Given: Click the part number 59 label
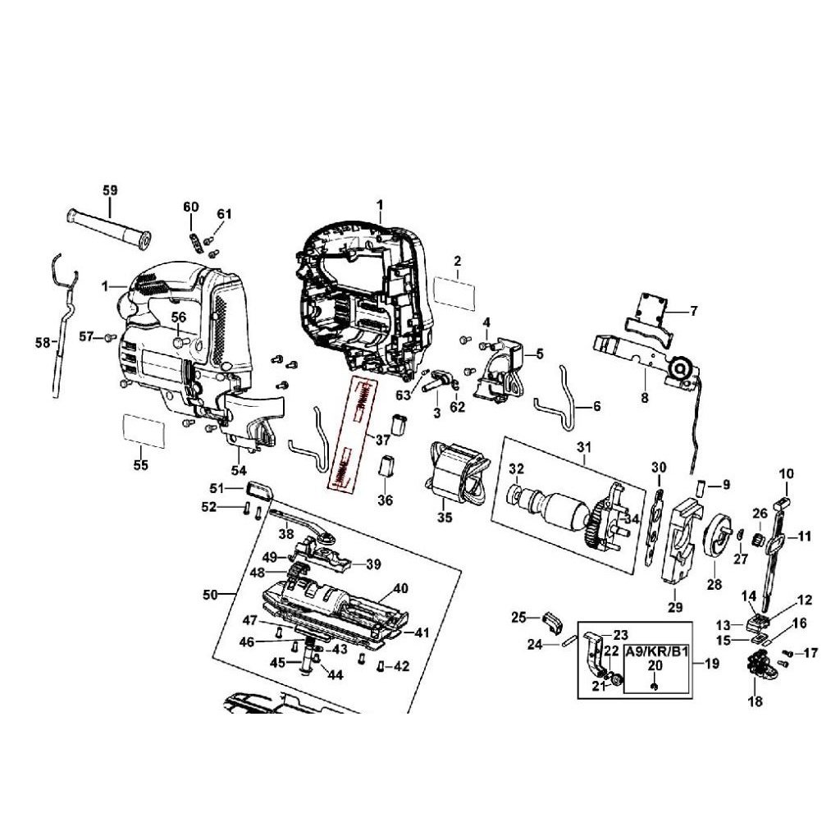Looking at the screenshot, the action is pos(110,190).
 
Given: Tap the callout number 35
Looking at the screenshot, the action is pos(445,517).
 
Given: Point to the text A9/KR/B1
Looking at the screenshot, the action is pos(657,653).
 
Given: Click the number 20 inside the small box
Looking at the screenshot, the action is pos(655,665).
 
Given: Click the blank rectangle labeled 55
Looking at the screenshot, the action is pos(144,430).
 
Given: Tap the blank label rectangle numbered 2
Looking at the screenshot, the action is pos(454,293).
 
